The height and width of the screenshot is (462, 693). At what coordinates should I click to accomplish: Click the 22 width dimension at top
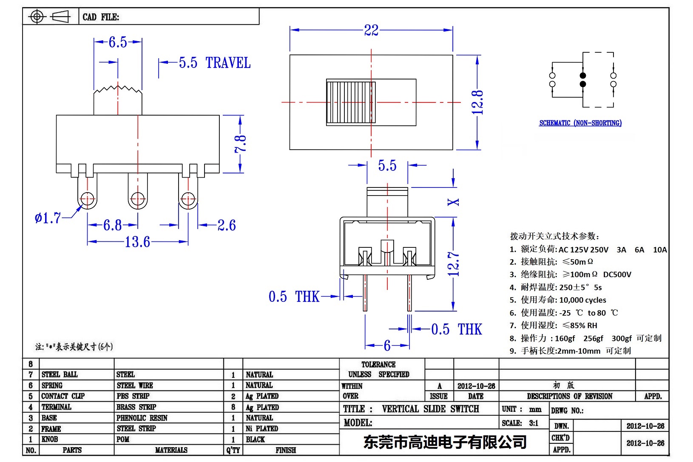tap(371, 30)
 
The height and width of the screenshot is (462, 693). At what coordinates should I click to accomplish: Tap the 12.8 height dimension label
tap(477, 102)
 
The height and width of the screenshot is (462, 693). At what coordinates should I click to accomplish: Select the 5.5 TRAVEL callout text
tap(214, 63)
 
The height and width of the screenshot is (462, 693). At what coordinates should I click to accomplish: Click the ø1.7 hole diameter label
tap(48, 218)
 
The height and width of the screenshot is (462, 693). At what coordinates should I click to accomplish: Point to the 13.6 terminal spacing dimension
tap(137, 242)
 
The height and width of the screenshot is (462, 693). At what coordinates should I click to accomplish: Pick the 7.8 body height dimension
tap(241, 144)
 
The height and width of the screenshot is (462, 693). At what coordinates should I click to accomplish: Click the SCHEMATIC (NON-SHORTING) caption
tap(580, 123)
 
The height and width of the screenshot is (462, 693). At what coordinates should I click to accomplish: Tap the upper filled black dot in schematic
tap(583, 76)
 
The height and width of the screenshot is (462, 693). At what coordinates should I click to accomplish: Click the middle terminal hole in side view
tap(137, 198)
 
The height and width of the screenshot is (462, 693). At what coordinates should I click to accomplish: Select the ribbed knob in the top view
tap(350, 102)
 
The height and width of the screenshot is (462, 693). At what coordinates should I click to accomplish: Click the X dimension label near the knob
tap(454, 202)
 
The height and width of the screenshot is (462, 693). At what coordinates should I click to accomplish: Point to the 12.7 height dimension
tap(454, 264)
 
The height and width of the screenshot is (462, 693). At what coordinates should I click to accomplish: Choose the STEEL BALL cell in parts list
tap(60, 374)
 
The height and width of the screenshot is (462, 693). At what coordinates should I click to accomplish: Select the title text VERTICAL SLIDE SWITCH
tap(430, 409)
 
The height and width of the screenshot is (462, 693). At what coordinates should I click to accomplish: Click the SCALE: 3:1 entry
tap(520, 423)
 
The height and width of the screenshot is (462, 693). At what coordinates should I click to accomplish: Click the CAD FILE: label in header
tap(101, 17)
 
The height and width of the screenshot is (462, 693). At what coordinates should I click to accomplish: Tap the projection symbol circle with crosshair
tap(37, 17)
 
